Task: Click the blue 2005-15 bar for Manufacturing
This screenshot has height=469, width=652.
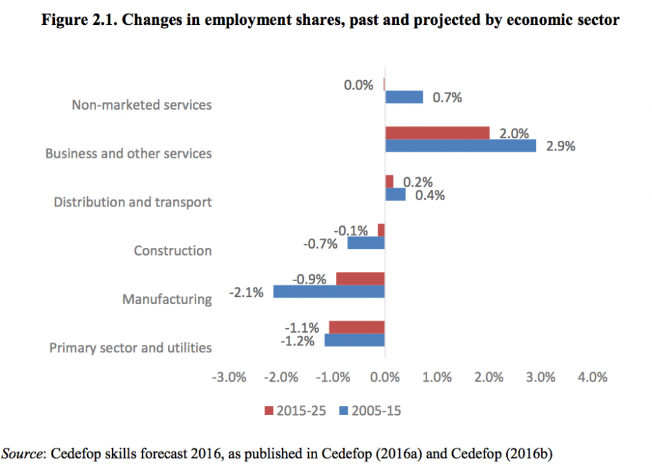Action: click(329, 291)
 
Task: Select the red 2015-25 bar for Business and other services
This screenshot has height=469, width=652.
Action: click(437, 133)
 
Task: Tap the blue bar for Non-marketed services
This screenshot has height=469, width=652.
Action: click(404, 97)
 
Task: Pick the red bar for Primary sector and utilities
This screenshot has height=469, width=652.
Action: click(357, 327)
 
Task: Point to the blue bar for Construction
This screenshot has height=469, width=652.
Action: click(365, 243)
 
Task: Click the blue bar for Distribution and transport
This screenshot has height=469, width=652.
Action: click(395, 194)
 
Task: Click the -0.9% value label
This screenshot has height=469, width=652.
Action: click(309, 279)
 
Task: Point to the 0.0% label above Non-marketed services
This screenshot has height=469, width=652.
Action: click(358, 84)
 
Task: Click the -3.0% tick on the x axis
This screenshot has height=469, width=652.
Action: click(228, 377)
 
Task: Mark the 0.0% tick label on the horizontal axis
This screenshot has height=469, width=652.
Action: click(385, 377)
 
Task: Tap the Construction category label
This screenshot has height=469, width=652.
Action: click(173, 250)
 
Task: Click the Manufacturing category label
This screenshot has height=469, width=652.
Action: click(167, 299)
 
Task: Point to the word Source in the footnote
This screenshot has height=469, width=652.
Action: click(22, 454)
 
